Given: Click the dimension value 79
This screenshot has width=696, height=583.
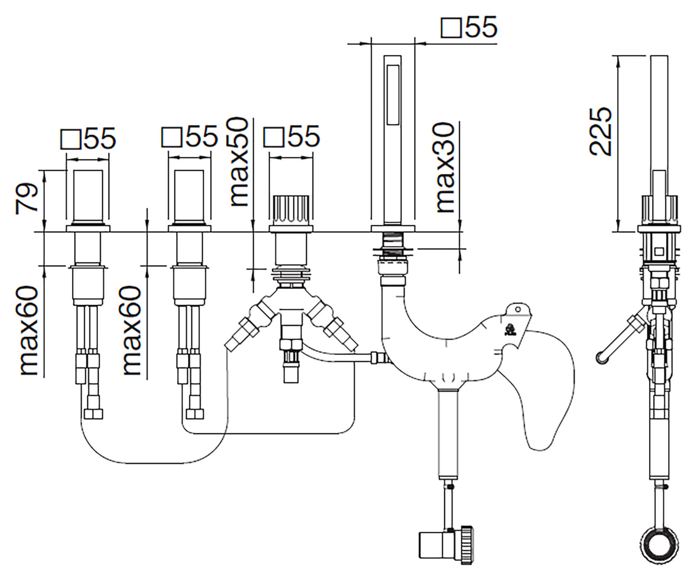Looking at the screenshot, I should coord(28,197).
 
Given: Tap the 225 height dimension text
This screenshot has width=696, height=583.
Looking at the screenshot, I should coord(601,131).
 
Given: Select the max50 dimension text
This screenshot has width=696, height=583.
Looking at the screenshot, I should coord(239,162).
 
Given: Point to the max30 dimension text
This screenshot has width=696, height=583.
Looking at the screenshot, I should coord(446,167).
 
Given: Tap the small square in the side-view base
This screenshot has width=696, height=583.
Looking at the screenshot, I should coord(658,251).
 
